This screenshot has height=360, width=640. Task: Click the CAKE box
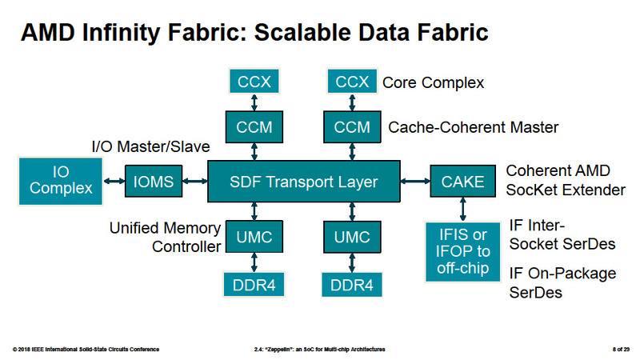click(464, 182)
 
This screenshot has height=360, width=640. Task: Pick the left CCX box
click(254, 81)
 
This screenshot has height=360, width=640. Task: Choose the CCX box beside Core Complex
click(352, 81)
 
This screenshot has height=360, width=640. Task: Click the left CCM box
click(254, 126)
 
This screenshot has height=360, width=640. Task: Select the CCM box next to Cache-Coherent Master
click(352, 126)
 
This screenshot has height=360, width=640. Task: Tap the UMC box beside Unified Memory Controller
click(254, 238)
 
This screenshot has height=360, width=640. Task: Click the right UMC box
click(352, 238)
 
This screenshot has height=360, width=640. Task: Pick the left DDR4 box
click(254, 283)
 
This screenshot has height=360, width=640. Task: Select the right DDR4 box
click(352, 283)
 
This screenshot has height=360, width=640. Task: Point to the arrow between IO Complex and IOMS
click(114, 182)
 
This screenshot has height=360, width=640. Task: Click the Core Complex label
click(433, 82)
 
